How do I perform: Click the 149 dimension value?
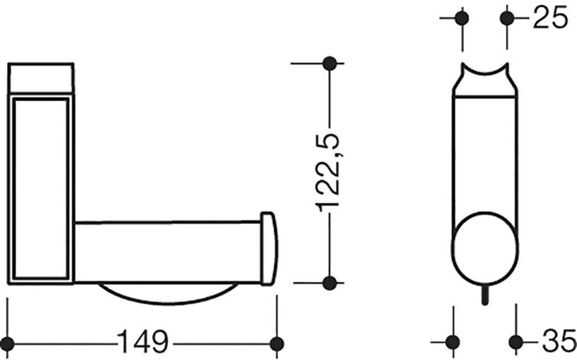coord(143,342)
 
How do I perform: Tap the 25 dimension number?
coord(551,17)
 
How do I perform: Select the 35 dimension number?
coord(558,341)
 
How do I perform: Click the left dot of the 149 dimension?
coord(7,344)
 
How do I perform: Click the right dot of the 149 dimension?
coord(277,344)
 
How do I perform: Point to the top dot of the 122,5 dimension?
coord(329,63)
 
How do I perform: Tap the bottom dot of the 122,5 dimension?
coord(329,283)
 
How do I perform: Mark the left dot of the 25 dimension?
coord(462,18)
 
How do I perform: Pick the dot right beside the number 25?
coord(507,18)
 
